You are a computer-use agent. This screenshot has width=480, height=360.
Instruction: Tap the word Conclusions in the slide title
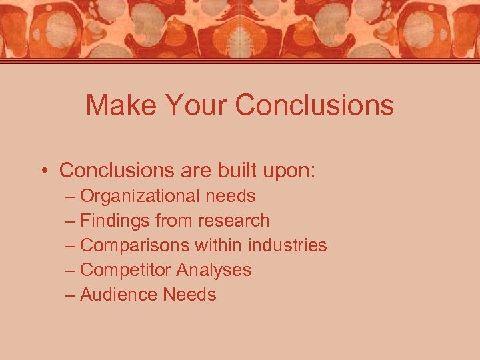315,105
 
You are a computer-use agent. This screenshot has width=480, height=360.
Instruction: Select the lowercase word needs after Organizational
230,197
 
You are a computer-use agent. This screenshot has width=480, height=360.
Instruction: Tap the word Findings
115,221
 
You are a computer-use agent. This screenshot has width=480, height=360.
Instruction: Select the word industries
287,245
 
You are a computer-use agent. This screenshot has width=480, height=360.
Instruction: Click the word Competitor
125,270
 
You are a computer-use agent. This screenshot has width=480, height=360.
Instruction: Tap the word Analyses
214,271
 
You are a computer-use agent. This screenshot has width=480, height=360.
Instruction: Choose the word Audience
119,295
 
